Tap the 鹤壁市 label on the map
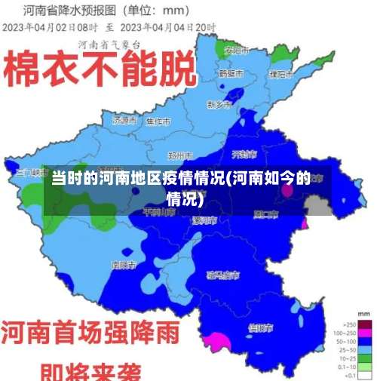(x=230, y=74)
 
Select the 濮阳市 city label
(x=280, y=74)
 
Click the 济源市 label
(x=124, y=120)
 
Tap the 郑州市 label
(x=181, y=155)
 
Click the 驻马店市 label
(x=223, y=275)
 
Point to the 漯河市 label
(x=204, y=220)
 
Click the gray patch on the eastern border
(x=317, y=204)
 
